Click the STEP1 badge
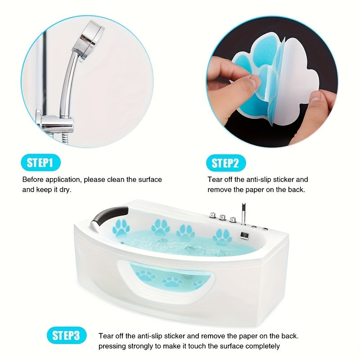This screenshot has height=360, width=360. pyautogui.click(x=40, y=162)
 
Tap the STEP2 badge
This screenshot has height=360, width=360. pyautogui.click(x=226, y=163)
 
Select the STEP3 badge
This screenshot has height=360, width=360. pyautogui.click(x=67, y=335)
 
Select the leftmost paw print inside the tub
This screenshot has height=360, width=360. pyautogui.click(x=121, y=228)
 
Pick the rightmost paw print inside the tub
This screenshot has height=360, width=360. pyautogui.click(x=222, y=237)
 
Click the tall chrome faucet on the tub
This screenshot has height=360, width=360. pyautogui.click(x=243, y=213)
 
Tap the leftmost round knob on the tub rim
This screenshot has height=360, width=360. pyautogui.click(x=212, y=215)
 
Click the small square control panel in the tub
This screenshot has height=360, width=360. pyautogui.click(x=244, y=236)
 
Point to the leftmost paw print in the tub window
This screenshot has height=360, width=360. pyautogui.click(x=145, y=276)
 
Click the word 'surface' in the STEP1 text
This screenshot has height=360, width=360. pyautogui.click(x=150, y=180)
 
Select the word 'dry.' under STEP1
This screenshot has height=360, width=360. pyautogui.click(x=65, y=190)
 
